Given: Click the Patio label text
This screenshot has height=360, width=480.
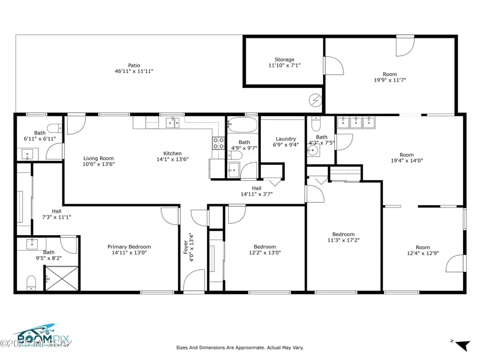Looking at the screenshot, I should [134, 68].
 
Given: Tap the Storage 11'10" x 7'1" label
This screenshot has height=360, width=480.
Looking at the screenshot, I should [284, 63].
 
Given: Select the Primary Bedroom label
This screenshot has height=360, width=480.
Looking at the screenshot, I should [129, 250].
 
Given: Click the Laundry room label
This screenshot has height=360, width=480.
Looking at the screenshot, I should [286, 142].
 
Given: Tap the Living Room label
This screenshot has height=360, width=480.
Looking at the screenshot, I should [98, 161].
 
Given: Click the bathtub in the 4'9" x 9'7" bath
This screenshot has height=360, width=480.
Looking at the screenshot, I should [243, 126].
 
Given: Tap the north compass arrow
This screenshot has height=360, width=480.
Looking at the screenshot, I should [462, 345].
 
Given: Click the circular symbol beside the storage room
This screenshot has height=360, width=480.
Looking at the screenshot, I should [315, 99].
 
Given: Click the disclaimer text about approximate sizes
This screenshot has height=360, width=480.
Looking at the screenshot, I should [240, 347].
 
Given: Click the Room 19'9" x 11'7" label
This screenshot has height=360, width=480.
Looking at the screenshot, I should [390, 77].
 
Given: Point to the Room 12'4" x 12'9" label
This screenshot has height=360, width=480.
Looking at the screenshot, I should [422, 250].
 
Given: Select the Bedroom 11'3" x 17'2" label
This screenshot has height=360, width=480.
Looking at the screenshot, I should [343, 237].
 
